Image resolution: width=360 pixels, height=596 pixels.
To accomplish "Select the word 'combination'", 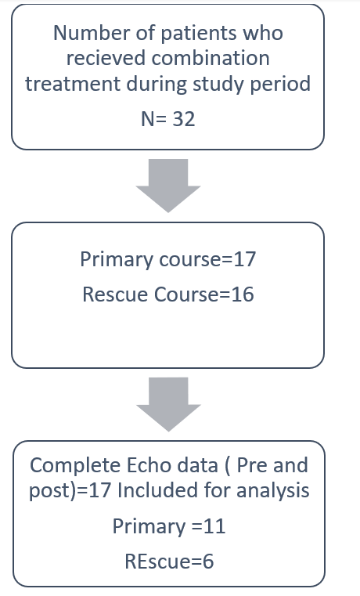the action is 211,59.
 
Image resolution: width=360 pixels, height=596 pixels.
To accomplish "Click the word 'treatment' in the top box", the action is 72,84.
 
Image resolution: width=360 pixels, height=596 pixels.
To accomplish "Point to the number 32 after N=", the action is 184,119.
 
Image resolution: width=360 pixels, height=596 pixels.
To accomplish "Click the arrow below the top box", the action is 168,186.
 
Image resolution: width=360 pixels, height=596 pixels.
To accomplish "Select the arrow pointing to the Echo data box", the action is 168,404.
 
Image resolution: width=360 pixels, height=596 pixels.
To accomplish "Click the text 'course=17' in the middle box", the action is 207,259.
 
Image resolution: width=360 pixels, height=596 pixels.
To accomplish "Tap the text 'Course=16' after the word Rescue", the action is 204,294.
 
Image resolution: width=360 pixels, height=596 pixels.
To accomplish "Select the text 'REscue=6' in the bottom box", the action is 169,562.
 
